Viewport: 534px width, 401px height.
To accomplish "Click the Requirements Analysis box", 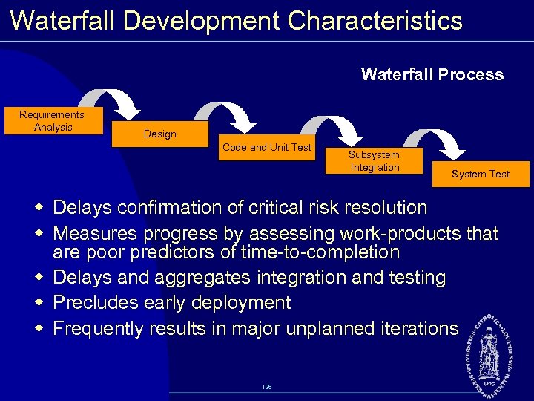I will (x=52, y=121).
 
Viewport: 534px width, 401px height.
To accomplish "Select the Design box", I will (x=160, y=134).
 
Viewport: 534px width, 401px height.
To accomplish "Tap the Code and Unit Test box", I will (x=267, y=148).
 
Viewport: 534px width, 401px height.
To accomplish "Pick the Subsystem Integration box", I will (x=374, y=161).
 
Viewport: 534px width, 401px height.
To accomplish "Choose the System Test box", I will (x=481, y=174).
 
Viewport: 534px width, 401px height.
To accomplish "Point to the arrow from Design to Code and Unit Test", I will (x=225, y=116).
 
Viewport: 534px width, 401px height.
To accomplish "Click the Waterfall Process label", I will (x=432, y=75).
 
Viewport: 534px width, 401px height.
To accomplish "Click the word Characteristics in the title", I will (x=375, y=20).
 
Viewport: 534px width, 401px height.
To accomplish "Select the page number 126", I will (x=266, y=387).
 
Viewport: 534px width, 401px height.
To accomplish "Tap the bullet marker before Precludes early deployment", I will (x=42, y=303).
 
